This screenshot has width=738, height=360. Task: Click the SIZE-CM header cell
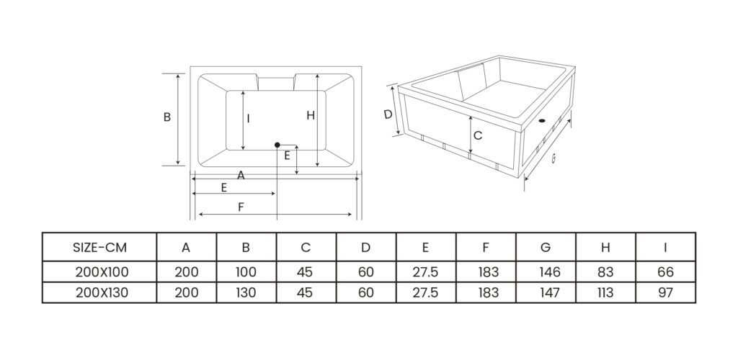coord(99,247)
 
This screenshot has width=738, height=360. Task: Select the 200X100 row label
coord(99,272)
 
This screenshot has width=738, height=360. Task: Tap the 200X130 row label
coord(99,293)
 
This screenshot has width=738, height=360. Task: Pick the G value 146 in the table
coord(546,272)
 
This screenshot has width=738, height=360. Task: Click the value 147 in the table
coord(546,293)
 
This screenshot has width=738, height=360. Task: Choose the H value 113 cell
coord(605,293)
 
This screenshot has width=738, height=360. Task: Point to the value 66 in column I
coord(665,272)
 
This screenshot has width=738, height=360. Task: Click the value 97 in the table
coord(665,293)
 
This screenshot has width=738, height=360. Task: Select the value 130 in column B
coord(246,293)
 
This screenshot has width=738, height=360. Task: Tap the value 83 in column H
coord(605,272)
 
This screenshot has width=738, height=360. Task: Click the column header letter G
coord(546,247)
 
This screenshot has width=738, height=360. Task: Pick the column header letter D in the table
coord(365,247)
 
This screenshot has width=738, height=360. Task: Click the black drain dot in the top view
coord(277,145)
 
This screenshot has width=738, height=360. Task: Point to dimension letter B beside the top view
coord(166,117)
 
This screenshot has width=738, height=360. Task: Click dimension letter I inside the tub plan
coord(249,120)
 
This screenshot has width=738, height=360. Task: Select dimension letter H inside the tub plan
coord(310,115)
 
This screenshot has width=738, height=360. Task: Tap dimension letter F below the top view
coord(241,207)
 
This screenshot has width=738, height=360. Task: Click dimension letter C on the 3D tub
coord(477,135)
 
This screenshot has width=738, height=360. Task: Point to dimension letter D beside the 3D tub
coord(387,114)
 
